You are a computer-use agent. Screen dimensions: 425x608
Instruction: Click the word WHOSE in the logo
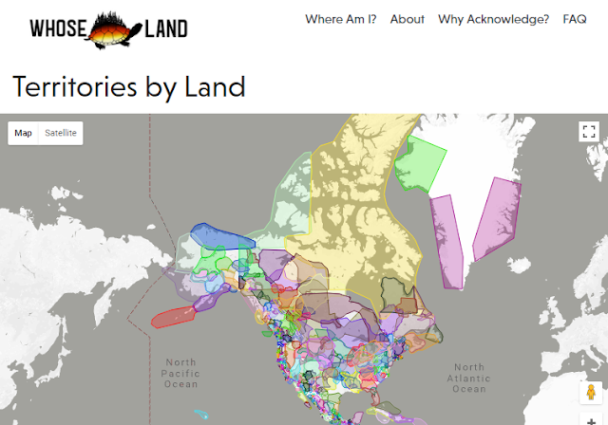pyautogui.click(x=61, y=28)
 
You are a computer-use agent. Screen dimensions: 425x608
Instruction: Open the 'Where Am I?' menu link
pyautogui.click(x=340, y=19)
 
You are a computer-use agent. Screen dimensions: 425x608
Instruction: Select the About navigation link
pyautogui.click(x=407, y=19)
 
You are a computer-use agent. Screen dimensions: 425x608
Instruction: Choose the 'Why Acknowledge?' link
pyautogui.click(x=493, y=19)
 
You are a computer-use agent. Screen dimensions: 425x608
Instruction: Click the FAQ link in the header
pyautogui.click(x=575, y=19)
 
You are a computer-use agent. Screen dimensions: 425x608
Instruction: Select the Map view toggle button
pyautogui.click(x=24, y=133)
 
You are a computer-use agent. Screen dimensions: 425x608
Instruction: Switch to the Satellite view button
pyautogui.click(x=61, y=133)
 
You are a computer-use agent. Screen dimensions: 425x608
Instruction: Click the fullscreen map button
pyautogui.click(x=588, y=132)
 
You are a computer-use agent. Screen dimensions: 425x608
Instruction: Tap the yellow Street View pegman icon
pyautogui.click(x=589, y=392)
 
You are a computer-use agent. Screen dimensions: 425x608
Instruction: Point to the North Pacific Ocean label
pyautogui.click(x=180, y=373)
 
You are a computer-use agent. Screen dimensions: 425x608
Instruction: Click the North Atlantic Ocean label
pyautogui.click(x=468, y=378)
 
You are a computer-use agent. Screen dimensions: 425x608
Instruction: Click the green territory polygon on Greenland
pyautogui.click(x=418, y=165)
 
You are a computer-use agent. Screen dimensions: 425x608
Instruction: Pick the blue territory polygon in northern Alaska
pyautogui.click(x=218, y=235)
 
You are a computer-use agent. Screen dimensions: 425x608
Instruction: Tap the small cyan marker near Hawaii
pyautogui.click(x=200, y=414)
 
